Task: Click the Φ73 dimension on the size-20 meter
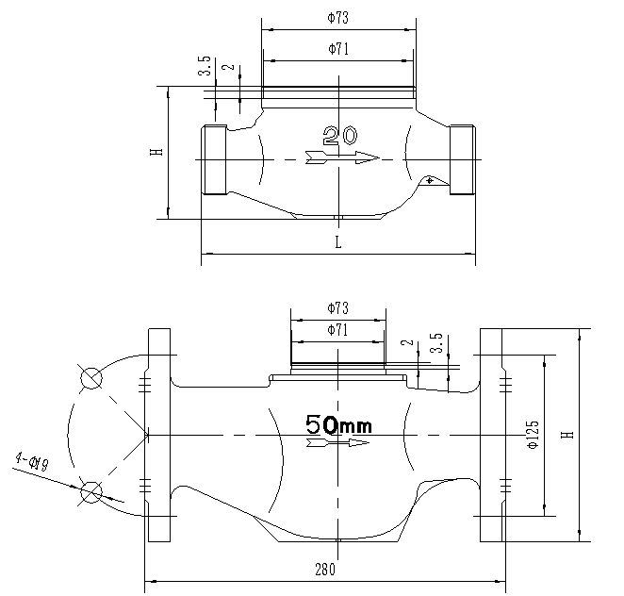click(x=337, y=17)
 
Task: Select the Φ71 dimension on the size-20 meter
click(x=338, y=49)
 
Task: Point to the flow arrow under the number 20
click(x=341, y=157)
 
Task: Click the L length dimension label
click(x=338, y=241)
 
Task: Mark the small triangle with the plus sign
click(x=431, y=180)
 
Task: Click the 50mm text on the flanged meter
click(x=338, y=424)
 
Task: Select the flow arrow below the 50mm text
click(x=337, y=441)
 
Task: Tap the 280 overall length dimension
click(x=323, y=570)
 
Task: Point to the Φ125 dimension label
click(x=533, y=435)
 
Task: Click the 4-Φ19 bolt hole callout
click(x=31, y=461)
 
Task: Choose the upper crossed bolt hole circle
click(x=91, y=378)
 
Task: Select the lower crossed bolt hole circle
click(x=91, y=491)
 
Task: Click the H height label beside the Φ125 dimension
click(x=567, y=434)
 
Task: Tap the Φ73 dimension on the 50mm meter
click(x=337, y=308)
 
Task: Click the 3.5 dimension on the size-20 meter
click(x=205, y=66)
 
